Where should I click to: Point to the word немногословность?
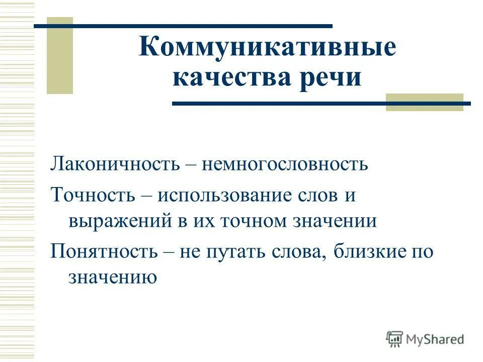[x=285, y=164]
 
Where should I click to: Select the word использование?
[x=224, y=195]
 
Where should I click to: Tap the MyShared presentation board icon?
[x=395, y=339]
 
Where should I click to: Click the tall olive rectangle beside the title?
[x=60, y=55]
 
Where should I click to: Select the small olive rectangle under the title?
[x=424, y=102]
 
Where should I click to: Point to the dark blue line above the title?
[x=183, y=26]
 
